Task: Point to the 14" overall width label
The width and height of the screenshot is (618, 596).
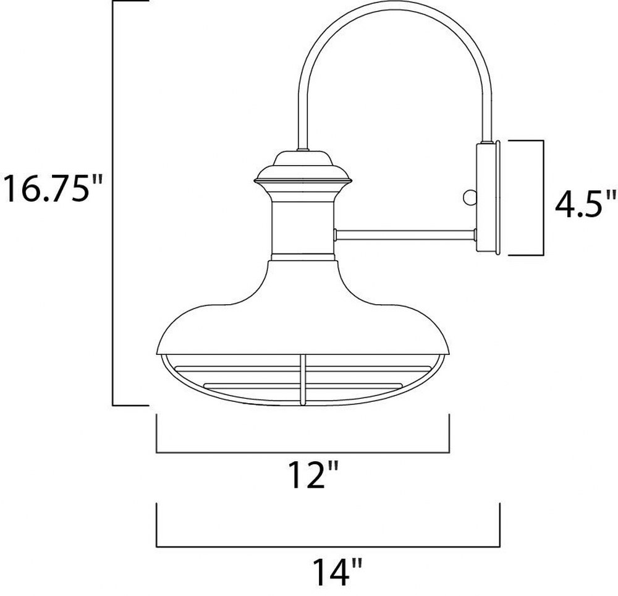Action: (337, 571)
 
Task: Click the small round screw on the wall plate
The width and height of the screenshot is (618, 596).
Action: (470, 197)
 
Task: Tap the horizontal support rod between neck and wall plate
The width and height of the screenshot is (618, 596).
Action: (405, 236)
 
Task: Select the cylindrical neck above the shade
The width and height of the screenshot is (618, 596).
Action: (303, 228)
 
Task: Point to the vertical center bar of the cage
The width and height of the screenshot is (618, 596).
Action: (303, 380)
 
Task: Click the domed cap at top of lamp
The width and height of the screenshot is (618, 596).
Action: (303, 160)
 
